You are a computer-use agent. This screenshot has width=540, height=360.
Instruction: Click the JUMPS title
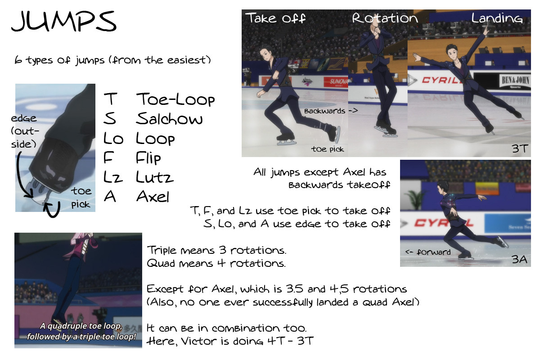click(x=64, y=21)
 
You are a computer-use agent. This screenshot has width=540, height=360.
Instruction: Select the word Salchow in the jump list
click(x=169, y=118)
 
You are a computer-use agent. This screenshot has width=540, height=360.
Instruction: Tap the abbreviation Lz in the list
click(x=113, y=177)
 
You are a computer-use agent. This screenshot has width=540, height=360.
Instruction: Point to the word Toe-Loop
click(x=175, y=99)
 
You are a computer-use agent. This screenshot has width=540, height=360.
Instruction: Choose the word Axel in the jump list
click(x=153, y=196)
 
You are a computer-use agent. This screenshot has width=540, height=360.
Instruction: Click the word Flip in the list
click(x=148, y=158)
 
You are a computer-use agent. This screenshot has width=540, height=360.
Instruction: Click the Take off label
click(x=275, y=18)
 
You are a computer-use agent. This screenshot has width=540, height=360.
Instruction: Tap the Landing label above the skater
click(x=497, y=18)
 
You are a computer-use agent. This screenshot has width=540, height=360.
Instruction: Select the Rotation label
click(x=385, y=18)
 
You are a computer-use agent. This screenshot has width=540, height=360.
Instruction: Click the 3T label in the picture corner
click(x=520, y=148)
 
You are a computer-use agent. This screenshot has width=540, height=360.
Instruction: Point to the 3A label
click(x=519, y=260)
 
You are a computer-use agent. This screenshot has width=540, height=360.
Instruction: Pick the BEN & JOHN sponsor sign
click(x=515, y=81)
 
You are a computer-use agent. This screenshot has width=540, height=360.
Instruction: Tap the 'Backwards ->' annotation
click(x=331, y=111)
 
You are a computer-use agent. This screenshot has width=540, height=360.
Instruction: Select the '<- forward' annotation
click(x=428, y=252)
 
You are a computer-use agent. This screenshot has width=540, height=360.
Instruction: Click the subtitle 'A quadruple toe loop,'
click(x=81, y=326)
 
